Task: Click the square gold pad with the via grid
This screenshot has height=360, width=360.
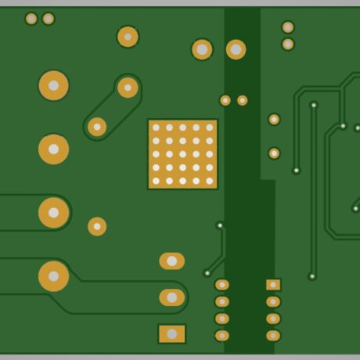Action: point(182,154)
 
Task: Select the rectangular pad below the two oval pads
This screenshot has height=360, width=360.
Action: point(171,334)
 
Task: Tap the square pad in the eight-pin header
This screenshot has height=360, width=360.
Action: point(273,285)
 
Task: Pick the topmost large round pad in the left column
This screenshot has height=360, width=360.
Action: point(53,85)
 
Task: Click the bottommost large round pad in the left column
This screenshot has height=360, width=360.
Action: point(53,275)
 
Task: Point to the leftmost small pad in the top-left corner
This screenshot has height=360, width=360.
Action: point(31,19)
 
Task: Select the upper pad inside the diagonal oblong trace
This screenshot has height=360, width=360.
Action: point(128,88)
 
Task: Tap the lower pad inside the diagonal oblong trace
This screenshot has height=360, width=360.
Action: point(97,126)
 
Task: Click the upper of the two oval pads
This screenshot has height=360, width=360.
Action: point(171,261)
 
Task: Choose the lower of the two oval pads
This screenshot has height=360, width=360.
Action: point(171,297)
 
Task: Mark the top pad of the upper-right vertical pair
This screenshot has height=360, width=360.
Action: point(288,27)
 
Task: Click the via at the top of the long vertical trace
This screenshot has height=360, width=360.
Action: point(314,105)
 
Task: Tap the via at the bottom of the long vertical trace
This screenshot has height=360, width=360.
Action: point(312,275)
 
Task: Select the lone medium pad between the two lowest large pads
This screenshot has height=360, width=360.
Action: point(97,226)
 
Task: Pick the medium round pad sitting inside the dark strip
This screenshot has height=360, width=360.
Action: point(236,49)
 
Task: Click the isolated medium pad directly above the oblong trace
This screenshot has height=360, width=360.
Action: point(128,36)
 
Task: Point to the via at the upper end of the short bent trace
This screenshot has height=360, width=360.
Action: point(220,225)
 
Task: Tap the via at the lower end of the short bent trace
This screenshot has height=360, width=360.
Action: point(207,273)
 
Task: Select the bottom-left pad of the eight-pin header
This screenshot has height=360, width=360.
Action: point(222,336)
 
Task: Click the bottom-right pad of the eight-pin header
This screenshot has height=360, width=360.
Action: point(273,336)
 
